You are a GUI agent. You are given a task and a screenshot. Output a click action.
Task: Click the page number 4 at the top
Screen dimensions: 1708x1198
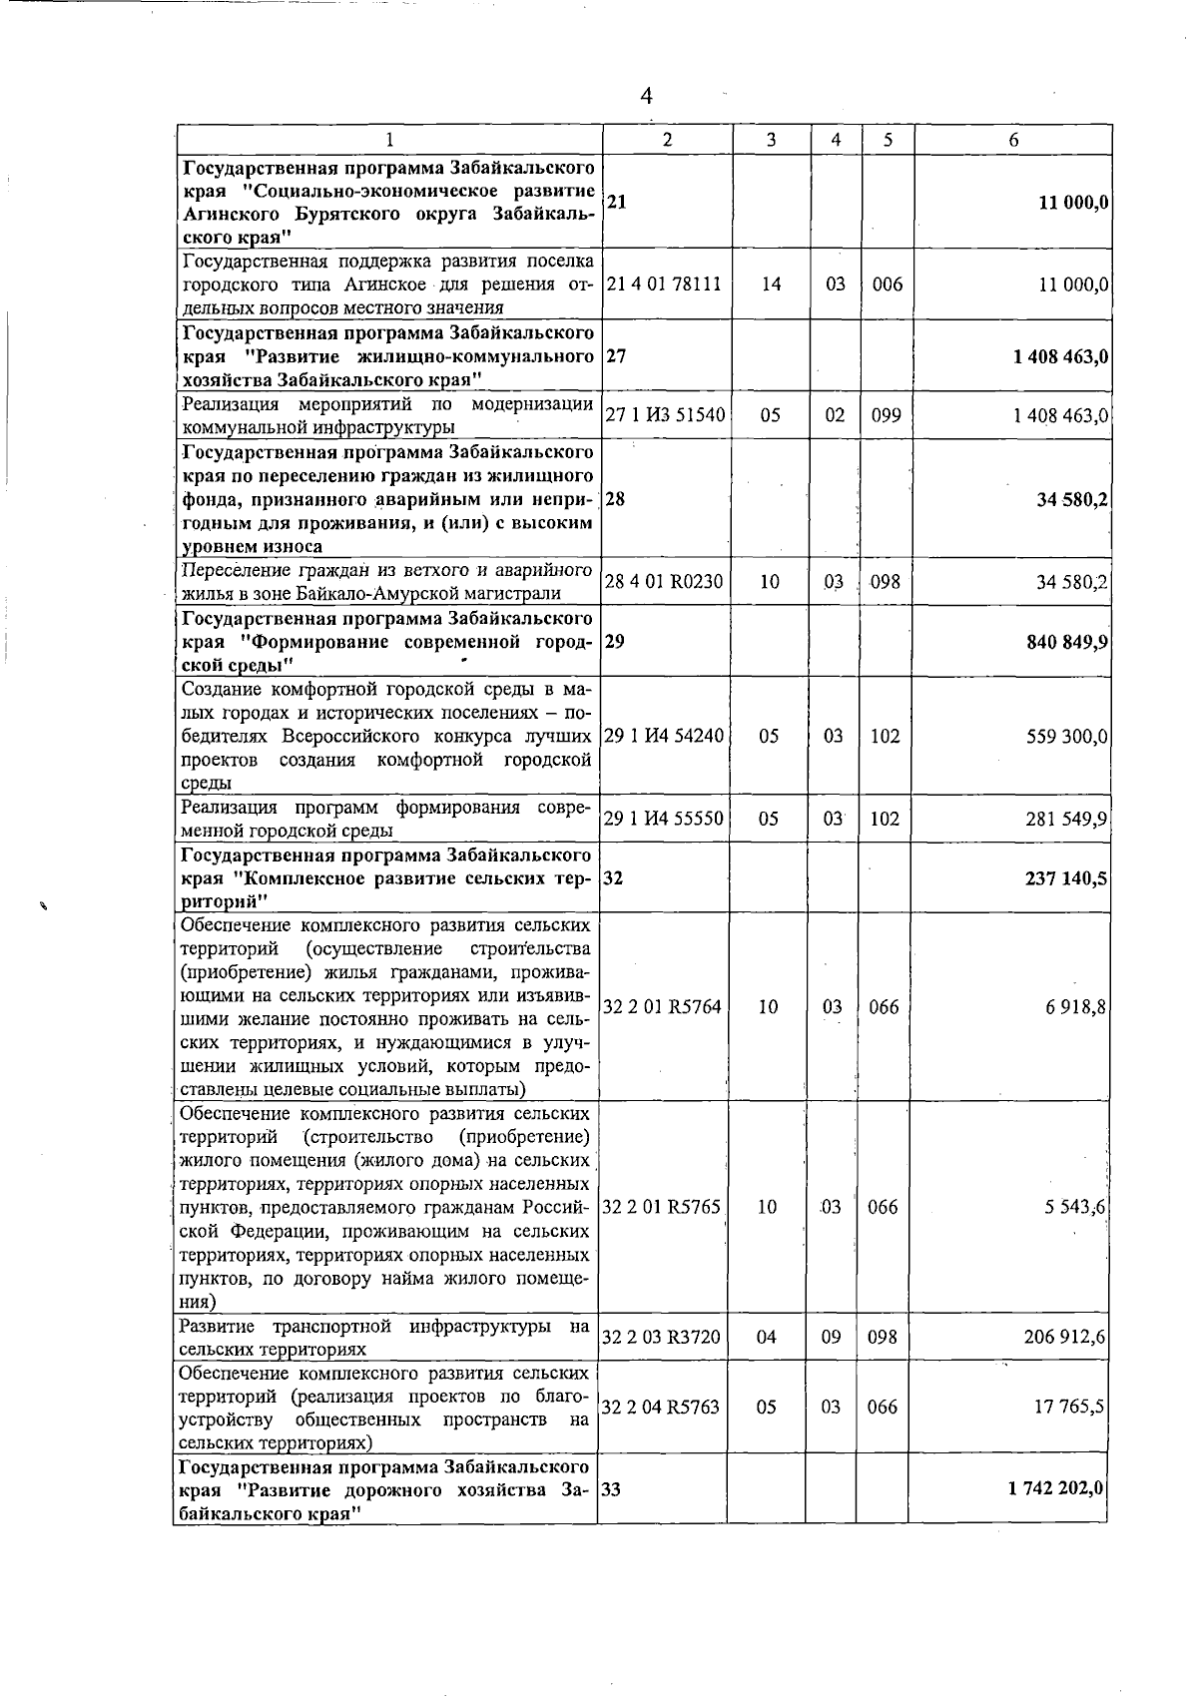click(646, 96)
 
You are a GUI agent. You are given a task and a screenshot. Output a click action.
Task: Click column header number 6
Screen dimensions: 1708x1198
click(1012, 140)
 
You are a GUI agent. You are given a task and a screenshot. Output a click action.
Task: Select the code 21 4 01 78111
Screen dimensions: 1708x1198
click(664, 285)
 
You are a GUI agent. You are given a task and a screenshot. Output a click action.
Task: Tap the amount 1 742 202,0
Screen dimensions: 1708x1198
click(1056, 1488)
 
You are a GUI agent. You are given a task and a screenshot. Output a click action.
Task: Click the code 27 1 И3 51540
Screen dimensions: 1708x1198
click(665, 415)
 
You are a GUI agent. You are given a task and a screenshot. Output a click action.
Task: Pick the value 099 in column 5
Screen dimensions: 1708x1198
click(886, 415)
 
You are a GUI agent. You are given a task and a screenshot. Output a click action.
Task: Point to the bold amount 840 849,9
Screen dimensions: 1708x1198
click(1066, 642)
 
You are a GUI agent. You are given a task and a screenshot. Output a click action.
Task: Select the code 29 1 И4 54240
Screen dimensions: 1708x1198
click(664, 737)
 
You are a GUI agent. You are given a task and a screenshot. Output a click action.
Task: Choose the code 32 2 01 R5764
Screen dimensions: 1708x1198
click(663, 1007)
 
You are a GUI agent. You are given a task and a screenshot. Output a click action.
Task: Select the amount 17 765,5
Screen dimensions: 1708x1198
click(1070, 1408)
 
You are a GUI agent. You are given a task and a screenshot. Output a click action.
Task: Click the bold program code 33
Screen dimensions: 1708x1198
click(612, 1488)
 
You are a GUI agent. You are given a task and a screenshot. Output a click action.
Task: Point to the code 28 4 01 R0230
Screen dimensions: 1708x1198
click(664, 582)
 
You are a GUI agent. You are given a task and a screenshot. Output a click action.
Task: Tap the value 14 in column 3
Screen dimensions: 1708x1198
click(770, 285)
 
